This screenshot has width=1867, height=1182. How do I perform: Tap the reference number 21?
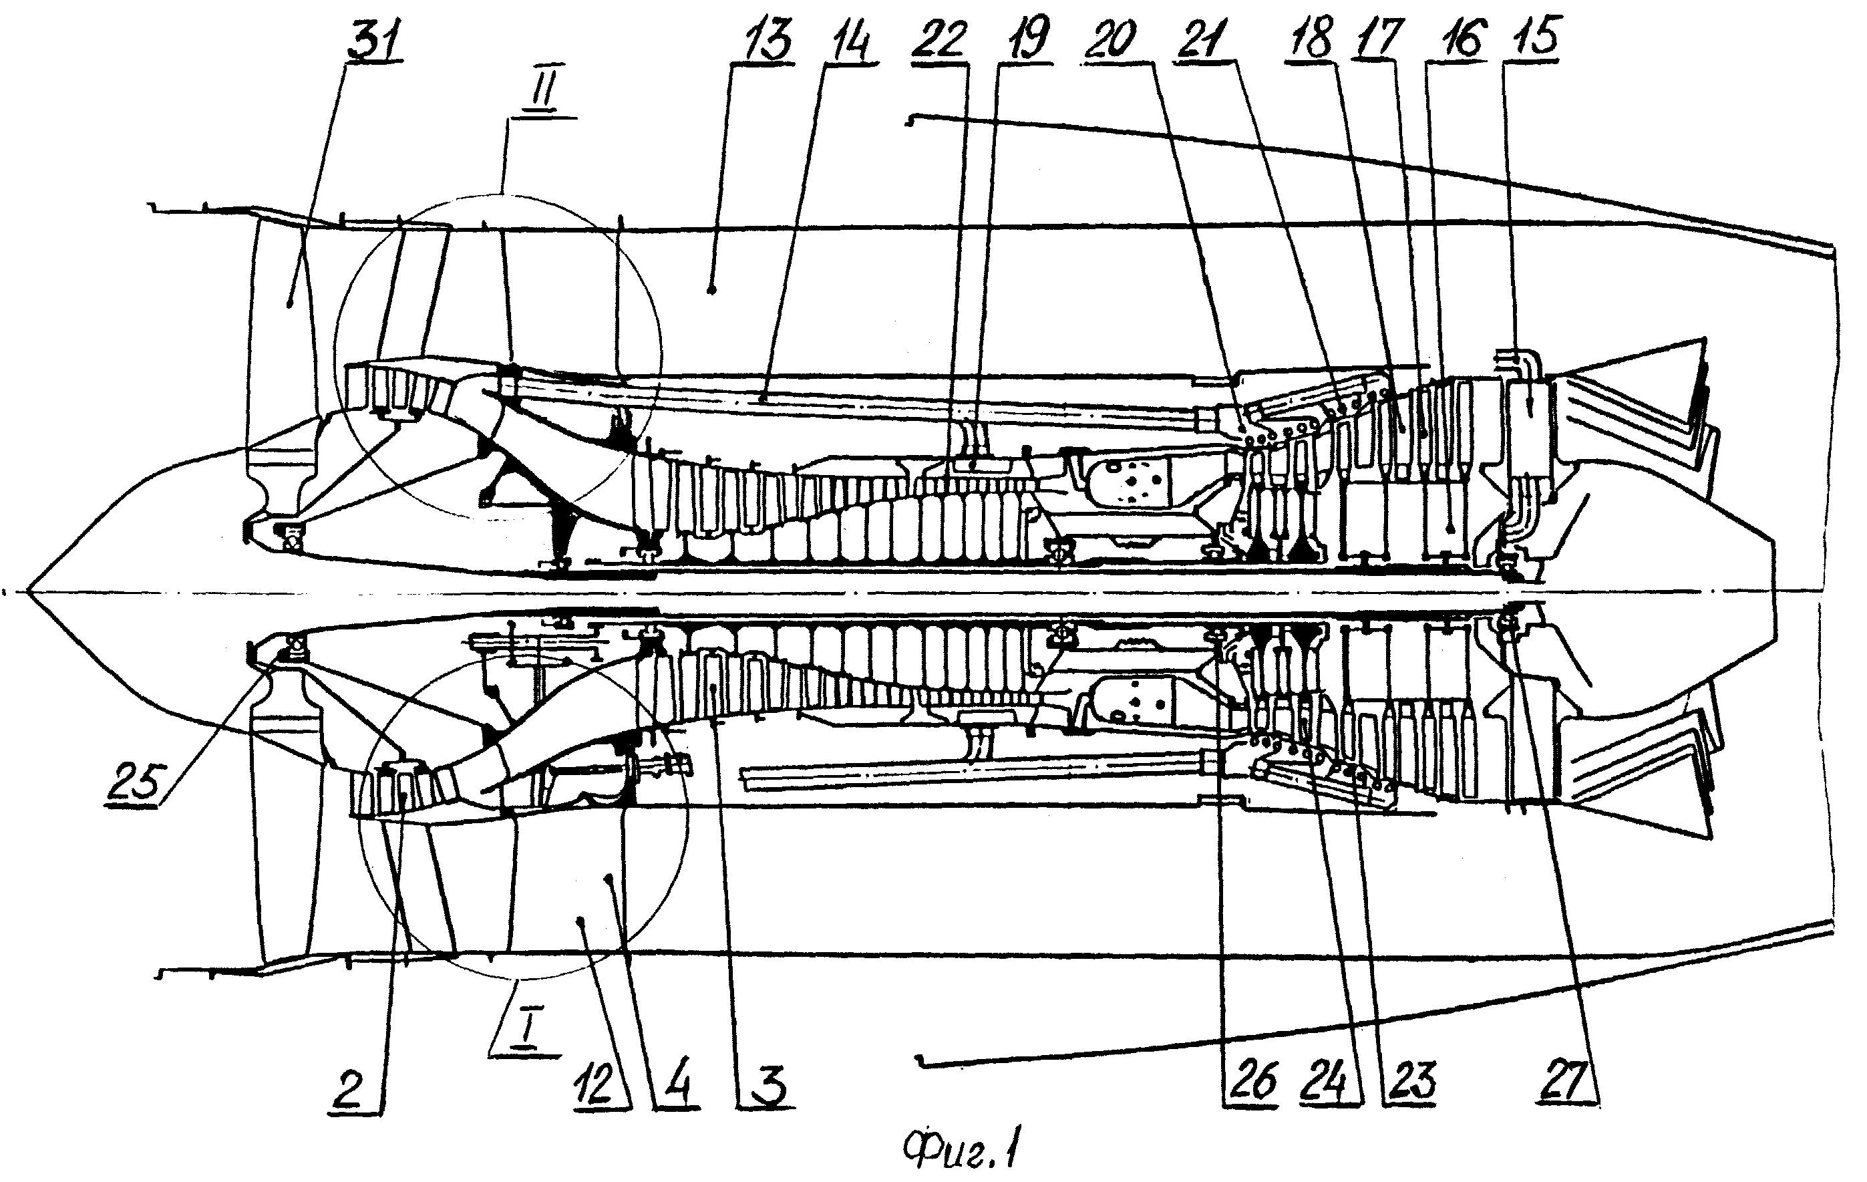(1200, 39)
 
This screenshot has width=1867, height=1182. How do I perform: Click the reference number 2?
(348, 1090)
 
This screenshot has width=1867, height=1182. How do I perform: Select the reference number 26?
(1250, 1082)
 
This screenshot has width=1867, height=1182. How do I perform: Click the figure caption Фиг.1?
(961, 1149)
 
